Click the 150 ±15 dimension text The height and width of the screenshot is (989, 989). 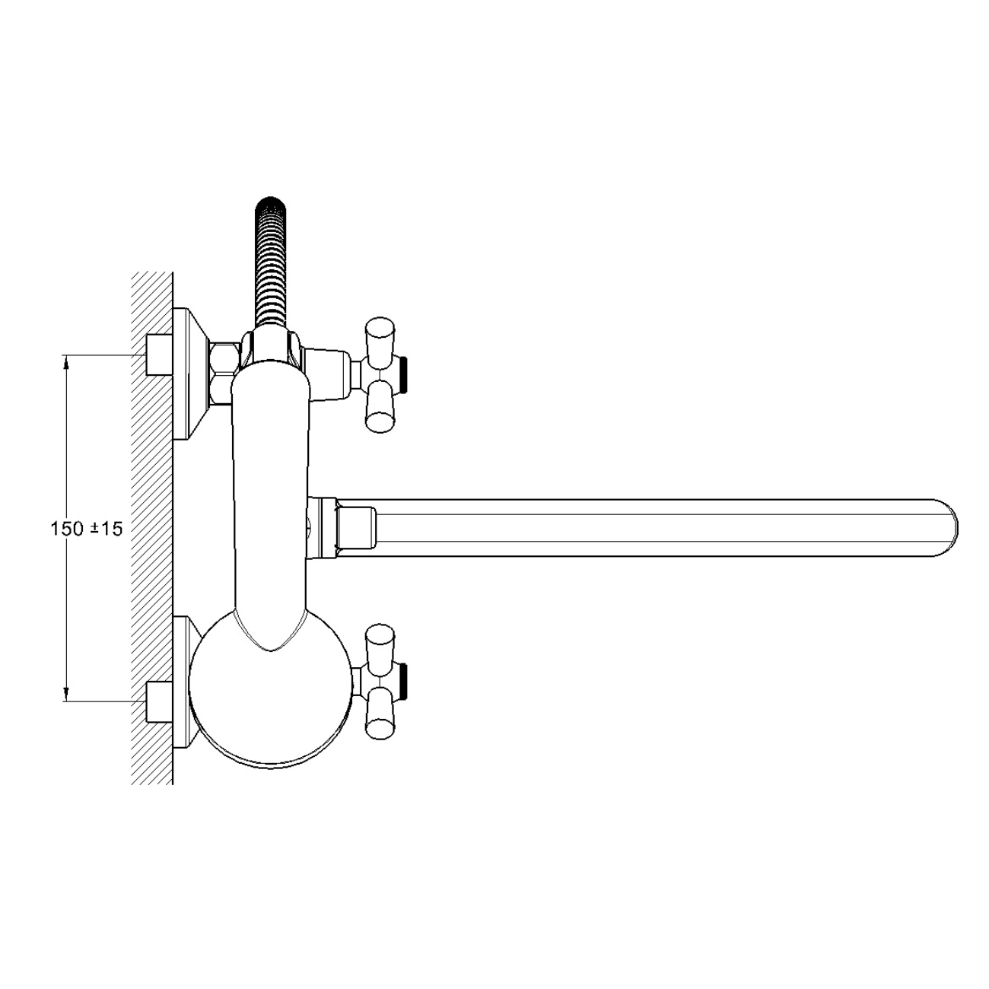87,529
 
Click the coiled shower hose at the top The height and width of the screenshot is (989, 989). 270,261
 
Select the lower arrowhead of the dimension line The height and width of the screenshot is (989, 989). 66,695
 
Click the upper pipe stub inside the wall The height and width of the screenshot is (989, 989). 159,355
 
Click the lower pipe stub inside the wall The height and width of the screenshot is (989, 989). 159,701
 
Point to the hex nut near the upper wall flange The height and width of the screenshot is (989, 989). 224,374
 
